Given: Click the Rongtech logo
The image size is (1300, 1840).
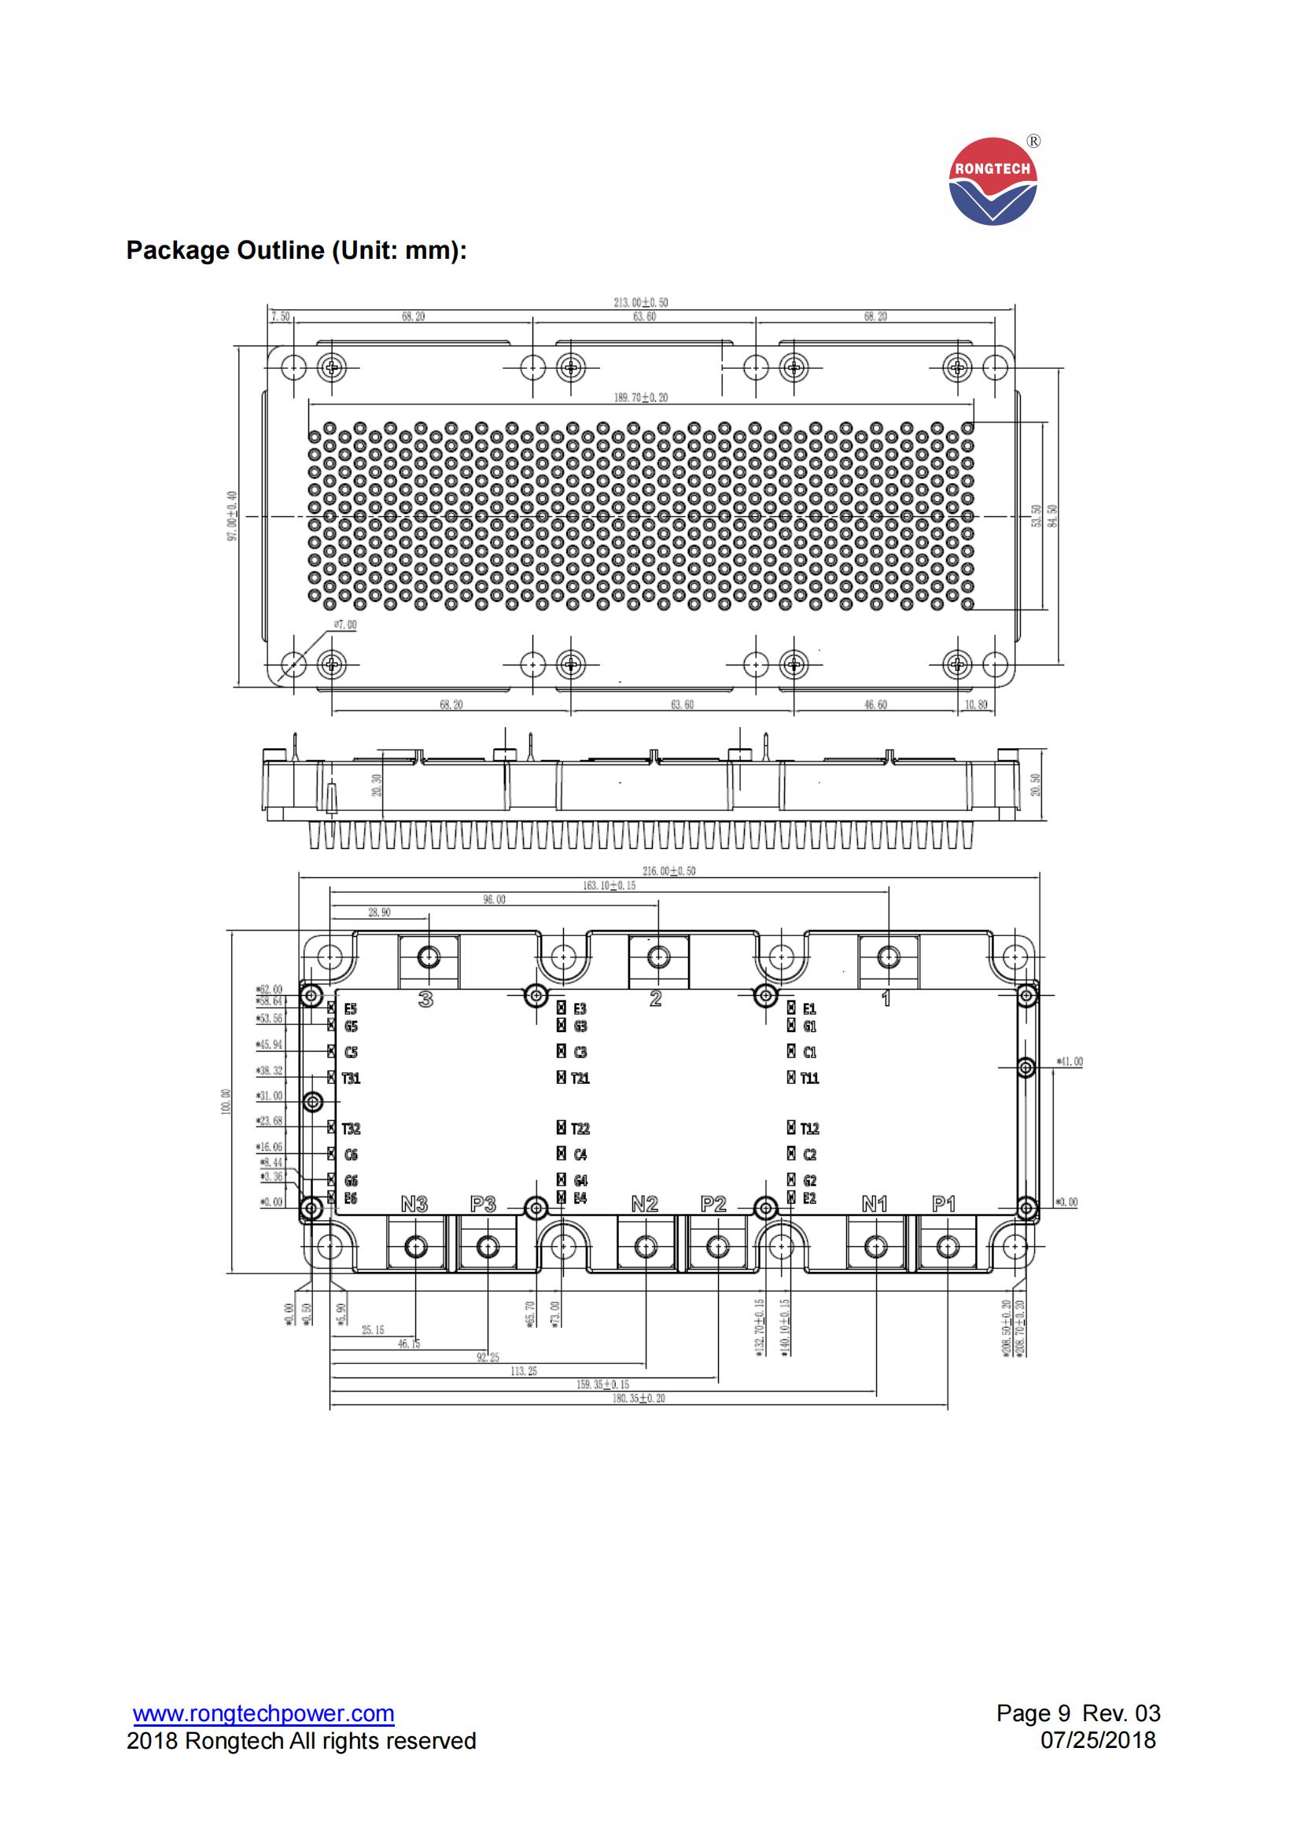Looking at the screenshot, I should pyautogui.click(x=992, y=181).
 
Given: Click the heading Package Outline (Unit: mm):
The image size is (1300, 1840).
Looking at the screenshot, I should pyautogui.click(x=296, y=251).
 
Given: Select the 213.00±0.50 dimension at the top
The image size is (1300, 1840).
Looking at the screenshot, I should pyautogui.click(x=640, y=302).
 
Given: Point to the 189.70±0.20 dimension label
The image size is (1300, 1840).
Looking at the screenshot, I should pyautogui.click(x=640, y=397).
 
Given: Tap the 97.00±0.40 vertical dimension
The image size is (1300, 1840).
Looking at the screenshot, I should pyautogui.click(x=232, y=516).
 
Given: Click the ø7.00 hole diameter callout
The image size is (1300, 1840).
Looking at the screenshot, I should pyautogui.click(x=345, y=625).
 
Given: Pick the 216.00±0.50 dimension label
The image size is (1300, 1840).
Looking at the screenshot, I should pyautogui.click(x=668, y=871).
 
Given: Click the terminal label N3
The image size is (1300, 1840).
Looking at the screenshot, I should pyautogui.click(x=414, y=1204).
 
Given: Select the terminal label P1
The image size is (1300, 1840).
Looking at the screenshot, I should pyautogui.click(x=944, y=1204).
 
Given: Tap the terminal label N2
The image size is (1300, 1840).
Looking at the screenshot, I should pyautogui.click(x=644, y=1204).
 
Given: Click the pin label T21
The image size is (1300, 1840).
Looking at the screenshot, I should pyautogui.click(x=580, y=1079).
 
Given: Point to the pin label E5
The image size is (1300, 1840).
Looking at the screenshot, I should pyautogui.click(x=351, y=1010).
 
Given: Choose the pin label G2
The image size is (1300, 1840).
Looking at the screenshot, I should pyautogui.click(x=810, y=1181).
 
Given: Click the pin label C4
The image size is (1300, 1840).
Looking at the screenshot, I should pyautogui.click(x=580, y=1155).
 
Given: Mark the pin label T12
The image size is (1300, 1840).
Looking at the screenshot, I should pyautogui.click(x=810, y=1128).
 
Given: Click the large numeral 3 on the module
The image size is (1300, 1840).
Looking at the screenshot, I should pyautogui.click(x=426, y=998).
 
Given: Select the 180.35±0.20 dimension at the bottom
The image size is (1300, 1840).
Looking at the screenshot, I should pyautogui.click(x=639, y=1399).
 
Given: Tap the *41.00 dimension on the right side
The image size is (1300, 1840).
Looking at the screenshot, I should pyautogui.click(x=1070, y=1062).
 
